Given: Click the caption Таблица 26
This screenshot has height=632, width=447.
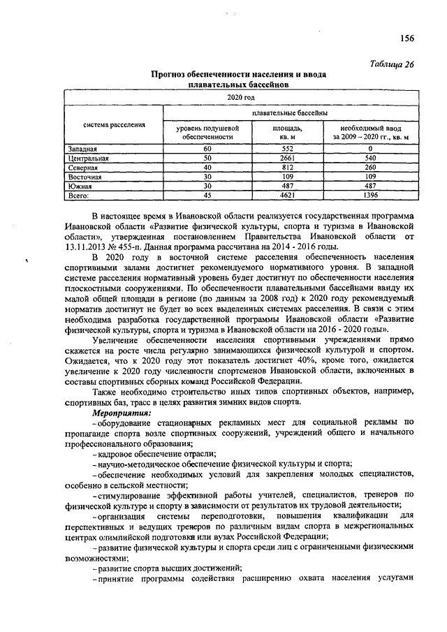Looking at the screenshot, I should (392, 64).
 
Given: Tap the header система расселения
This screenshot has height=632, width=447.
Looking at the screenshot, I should (114, 125).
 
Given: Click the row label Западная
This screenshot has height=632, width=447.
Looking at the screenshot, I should (82, 149).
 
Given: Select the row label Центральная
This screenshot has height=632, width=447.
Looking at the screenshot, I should (87, 159).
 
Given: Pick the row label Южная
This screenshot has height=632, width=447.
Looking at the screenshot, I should (80, 186).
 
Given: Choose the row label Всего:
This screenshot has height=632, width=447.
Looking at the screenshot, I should (79, 196).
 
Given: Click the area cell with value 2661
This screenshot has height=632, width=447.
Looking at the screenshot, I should (286, 159).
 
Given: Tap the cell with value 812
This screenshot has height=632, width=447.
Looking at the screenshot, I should (286, 168).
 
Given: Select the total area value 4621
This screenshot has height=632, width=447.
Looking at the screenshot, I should (286, 196).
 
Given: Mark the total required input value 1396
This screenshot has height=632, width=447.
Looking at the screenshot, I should (369, 196).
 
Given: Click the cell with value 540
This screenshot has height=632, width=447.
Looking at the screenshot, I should (369, 159).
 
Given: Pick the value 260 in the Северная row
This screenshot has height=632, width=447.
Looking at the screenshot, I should (369, 168).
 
